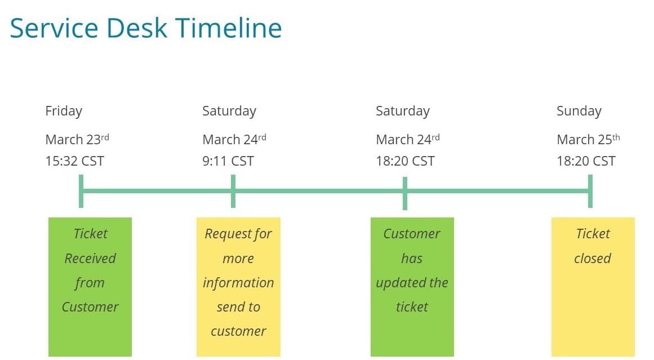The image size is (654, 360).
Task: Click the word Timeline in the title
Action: point(229,28)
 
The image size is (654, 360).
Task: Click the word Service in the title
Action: point(54,28)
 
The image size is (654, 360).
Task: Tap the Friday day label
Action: point(64,112)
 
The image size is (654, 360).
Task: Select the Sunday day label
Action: point(579,112)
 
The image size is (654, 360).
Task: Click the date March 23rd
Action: point(77,139)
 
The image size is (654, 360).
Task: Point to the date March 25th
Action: point(588,139)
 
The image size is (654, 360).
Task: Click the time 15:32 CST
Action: point(74,161)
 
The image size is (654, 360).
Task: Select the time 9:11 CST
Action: point(228,161)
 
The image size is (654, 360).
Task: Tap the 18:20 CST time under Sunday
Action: point(586,161)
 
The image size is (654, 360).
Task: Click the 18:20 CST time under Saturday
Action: point(405,161)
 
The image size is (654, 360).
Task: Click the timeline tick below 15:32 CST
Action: point(81,192)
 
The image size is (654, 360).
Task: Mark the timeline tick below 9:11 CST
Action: point(233,192)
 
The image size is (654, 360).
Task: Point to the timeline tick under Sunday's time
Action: point(590,192)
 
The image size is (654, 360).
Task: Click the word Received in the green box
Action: point(90,258)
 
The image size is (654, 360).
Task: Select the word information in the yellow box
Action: point(238,283)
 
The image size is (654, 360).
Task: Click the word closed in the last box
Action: point(592,258)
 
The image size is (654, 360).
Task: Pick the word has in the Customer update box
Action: point(412,258)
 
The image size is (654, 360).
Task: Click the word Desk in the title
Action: point(136,28)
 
